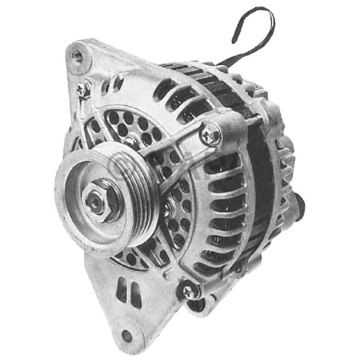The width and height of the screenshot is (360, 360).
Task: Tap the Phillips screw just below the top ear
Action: [x=83, y=91]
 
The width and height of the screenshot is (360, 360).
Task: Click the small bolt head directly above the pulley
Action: [x=133, y=140]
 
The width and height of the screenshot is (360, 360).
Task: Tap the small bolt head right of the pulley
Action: [x=168, y=209]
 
